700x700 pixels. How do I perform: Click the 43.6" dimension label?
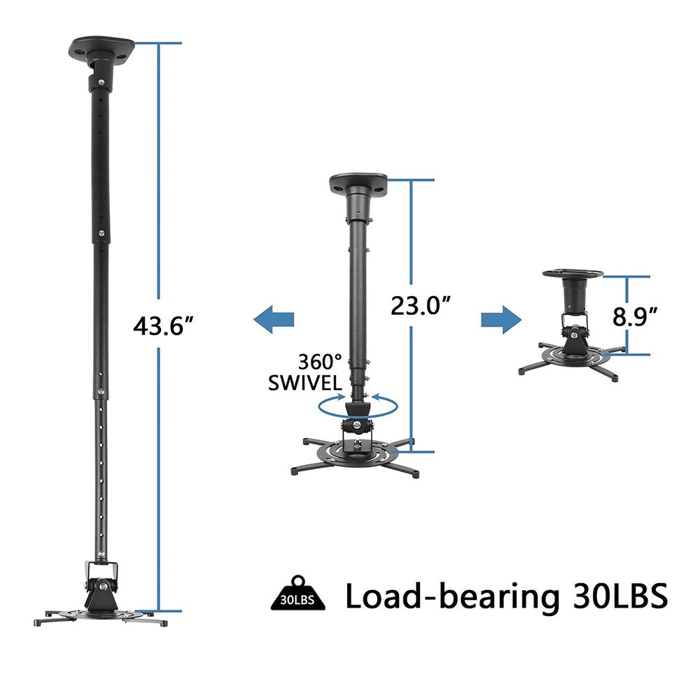pos(162,325)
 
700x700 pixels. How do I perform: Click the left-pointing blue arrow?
pos(274,321)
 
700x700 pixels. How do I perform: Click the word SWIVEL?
pos(305,383)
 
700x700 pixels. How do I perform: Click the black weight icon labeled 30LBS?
pos(297,597)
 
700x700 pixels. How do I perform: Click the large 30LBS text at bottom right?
pos(612,596)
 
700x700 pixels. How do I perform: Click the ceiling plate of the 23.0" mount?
pos(358,184)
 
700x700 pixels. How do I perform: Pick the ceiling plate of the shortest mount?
pos(573,273)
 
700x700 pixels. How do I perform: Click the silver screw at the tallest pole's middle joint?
pos(102,234)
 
